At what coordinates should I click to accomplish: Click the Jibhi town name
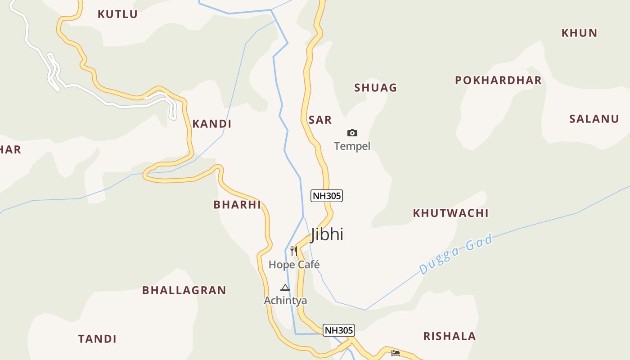point(327,234)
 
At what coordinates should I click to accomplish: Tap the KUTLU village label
point(117,14)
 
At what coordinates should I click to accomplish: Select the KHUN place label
point(579,33)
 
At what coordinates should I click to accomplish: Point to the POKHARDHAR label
point(498,81)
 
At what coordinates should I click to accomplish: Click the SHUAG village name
point(375,88)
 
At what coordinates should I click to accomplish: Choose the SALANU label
point(594,119)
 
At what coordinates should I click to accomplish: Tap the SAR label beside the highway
point(320,120)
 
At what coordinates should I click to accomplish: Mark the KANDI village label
point(211,124)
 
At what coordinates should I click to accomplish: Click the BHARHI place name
point(237,205)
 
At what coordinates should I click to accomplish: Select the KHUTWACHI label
point(450,213)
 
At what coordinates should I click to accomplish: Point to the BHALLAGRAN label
point(184,290)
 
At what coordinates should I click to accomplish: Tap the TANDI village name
point(97,339)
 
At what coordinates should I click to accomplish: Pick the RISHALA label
point(449,336)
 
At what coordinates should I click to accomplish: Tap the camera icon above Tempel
point(352,133)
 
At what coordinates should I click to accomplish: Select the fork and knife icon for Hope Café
point(294,251)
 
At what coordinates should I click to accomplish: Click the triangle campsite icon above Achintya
point(285,288)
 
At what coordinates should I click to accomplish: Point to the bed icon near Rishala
point(396,353)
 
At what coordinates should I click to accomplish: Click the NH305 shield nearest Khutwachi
point(327,196)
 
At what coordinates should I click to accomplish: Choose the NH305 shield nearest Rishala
point(339,330)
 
